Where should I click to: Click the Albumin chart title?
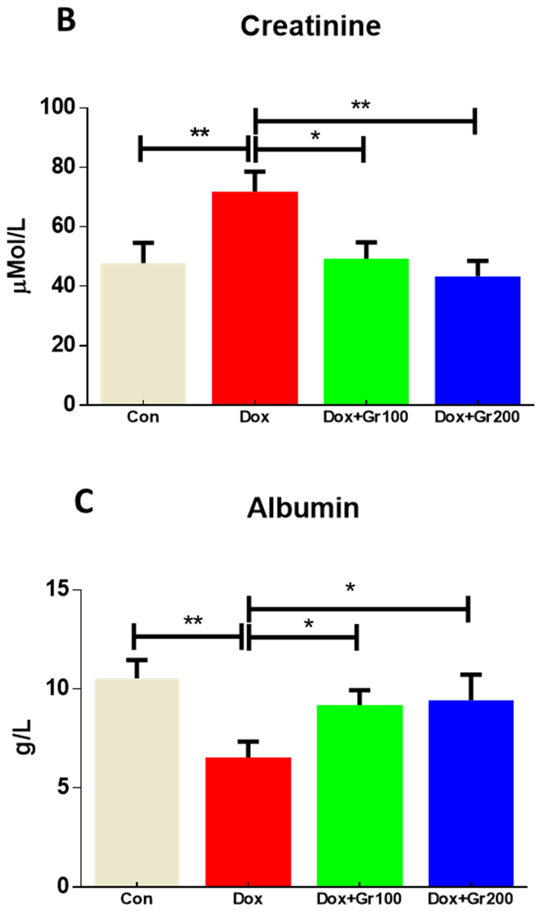(303, 509)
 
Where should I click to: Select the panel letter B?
(66, 21)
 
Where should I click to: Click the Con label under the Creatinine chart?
(143, 417)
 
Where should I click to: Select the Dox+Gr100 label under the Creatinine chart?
(365, 417)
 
